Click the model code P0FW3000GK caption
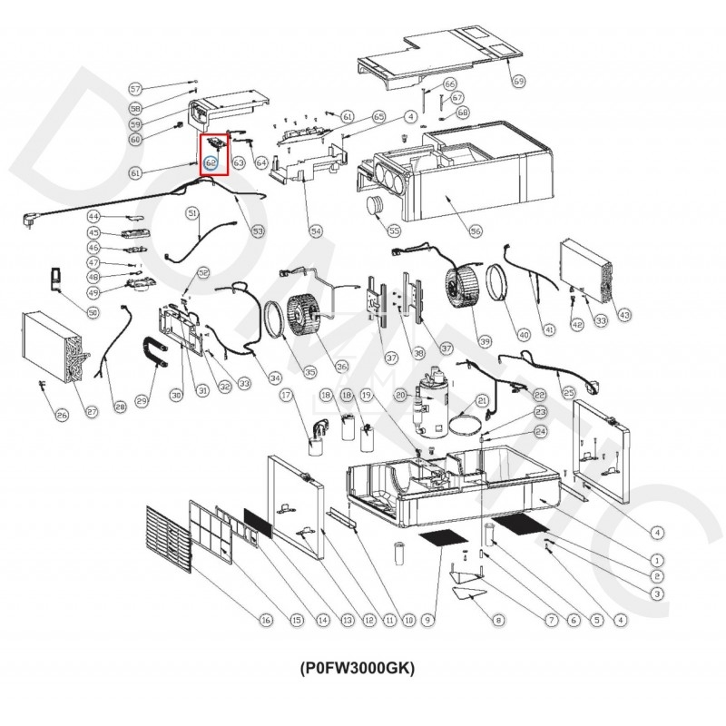pyautogui.click(x=357, y=668)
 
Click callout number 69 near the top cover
pyautogui.click(x=519, y=82)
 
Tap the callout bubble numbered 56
pyautogui.click(x=476, y=231)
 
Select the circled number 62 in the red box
pyautogui.click(x=211, y=163)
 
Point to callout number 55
pyautogui.click(x=394, y=231)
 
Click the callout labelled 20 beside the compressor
pyautogui.click(x=399, y=395)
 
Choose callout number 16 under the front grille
pyautogui.click(x=265, y=621)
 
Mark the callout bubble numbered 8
pyautogui.click(x=497, y=621)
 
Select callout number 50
pyautogui.click(x=68, y=312)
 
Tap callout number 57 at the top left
pyautogui.click(x=136, y=89)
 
